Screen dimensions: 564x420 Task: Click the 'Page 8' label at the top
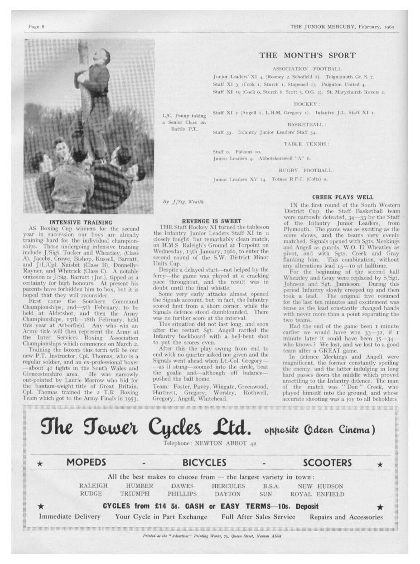pyautogui.click(x=36, y=27)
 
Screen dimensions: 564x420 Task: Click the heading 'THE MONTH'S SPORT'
pyautogui.click(x=307, y=55)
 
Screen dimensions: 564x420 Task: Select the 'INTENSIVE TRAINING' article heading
pyautogui.click(x=81, y=222)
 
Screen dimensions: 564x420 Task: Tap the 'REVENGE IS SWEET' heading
pyautogui.click(x=211, y=221)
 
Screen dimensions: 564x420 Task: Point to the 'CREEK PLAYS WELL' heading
pyautogui.click(x=343, y=197)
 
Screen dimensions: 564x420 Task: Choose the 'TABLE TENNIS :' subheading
pyautogui.click(x=307, y=144)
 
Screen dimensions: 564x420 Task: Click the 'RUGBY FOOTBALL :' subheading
pyautogui.click(x=307, y=170)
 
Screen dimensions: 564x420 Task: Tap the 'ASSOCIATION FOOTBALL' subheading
pyautogui.click(x=307, y=68)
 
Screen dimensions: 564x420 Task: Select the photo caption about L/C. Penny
pyautogui.click(x=184, y=122)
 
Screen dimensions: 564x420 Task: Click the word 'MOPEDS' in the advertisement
pyautogui.click(x=86, y=462)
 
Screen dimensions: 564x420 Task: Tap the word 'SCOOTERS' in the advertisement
pyautogui.click(x=327, y=462)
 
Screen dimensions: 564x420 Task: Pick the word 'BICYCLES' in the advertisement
pyautogui.click(x=204, y=462)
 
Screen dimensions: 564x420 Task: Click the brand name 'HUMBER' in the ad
pyautogui.click(x=140, y=486)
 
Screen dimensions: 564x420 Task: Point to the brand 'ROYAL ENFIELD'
pyautogui.click(x=317, y=494)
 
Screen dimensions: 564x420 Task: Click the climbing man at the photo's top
pyautogui.click(x=97, y=68)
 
